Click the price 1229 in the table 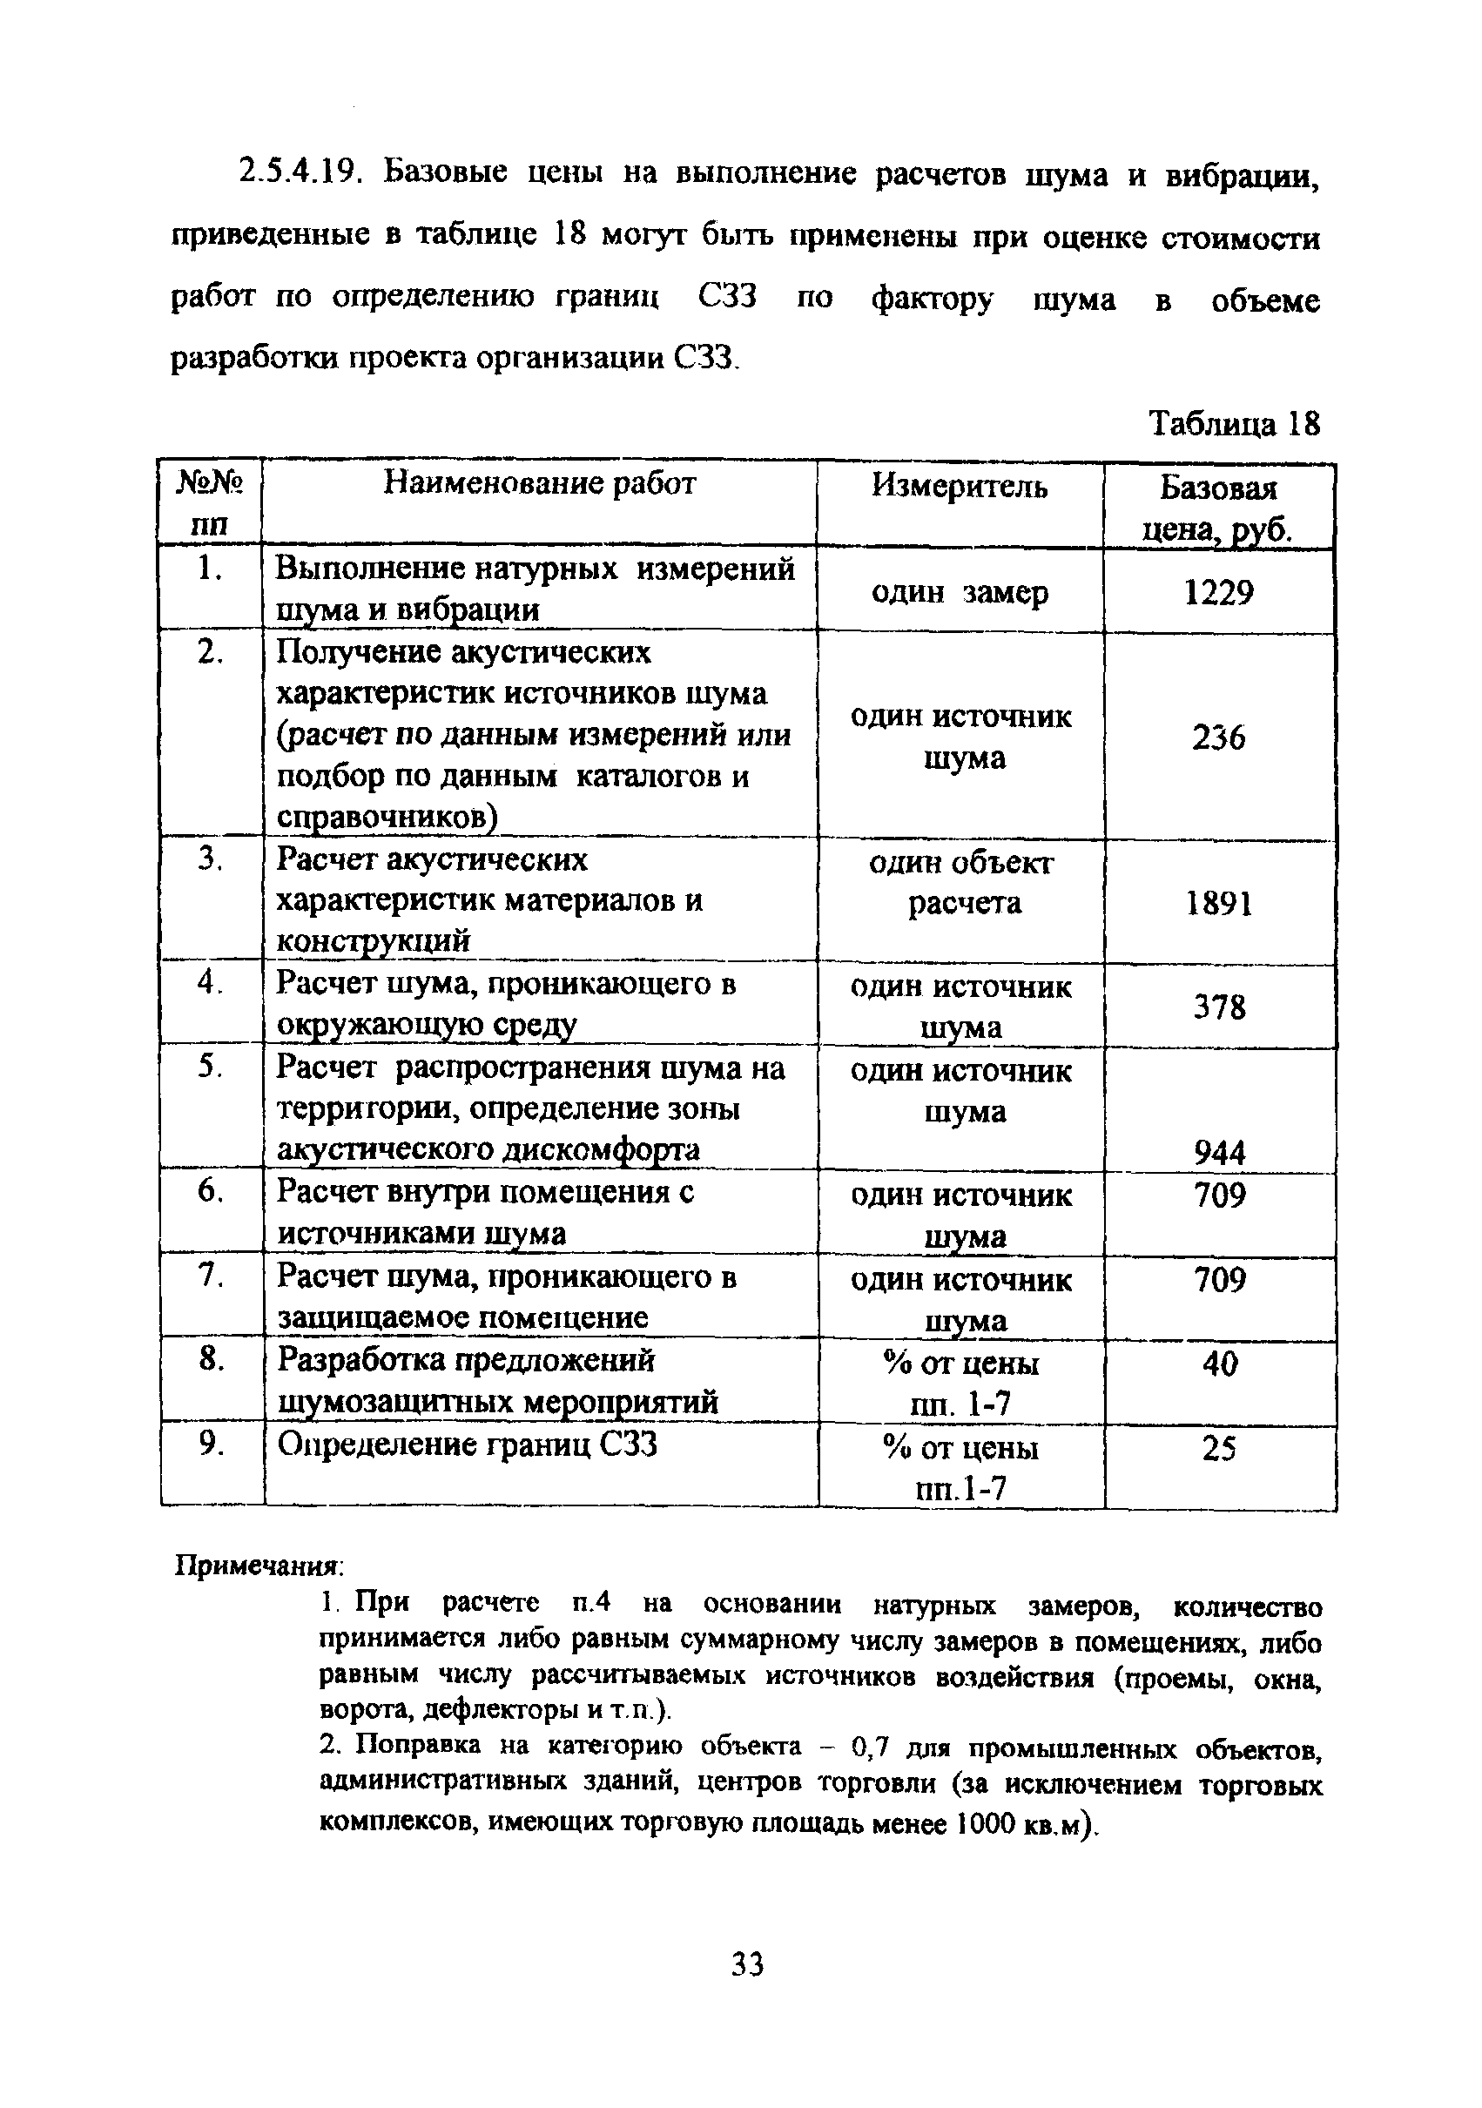click(1218, 593)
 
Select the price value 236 click(1218, 737)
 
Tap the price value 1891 click(1218, 905)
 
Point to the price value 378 click(1218, 1007)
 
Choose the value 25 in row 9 click(1219, 1449)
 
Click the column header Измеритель click(959, 486)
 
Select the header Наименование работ click(539, 483)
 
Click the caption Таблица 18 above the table click(1234, 424)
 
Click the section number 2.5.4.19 click(297, 172)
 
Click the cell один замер click(959, 593)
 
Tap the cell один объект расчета click(961, 883)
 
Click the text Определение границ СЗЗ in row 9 click(468, 1445)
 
